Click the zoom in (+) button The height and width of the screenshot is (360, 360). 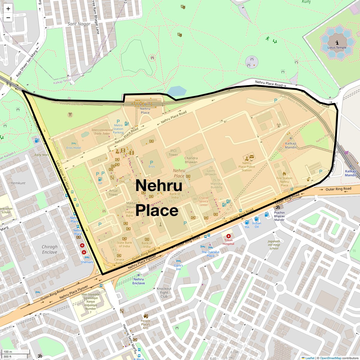click(8, 9)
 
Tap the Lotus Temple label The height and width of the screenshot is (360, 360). click(337, 48)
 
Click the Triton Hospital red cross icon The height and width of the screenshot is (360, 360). click(229, 236)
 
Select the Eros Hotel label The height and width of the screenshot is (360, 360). click(73, 148)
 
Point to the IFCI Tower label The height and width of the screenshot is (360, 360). click(173, 153)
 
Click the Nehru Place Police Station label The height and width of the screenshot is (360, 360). click(247, 166)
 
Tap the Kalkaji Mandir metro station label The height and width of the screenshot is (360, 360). click(350, 173)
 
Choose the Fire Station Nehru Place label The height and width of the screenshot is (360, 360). click(284, 181)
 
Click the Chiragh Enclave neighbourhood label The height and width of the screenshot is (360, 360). click(49, 249)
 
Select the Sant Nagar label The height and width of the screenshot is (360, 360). click(79, 24)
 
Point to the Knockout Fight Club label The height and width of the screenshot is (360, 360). click(164, 292)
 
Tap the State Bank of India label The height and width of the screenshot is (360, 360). click(124, 244)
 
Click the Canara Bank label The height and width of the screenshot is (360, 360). click(119, 261)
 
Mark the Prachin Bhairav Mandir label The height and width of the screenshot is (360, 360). click(279, 216)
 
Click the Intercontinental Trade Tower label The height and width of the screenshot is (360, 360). click(102, 132)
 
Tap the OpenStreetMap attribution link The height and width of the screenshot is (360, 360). click(330, 358)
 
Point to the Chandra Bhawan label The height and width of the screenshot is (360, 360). click(191, 160)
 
